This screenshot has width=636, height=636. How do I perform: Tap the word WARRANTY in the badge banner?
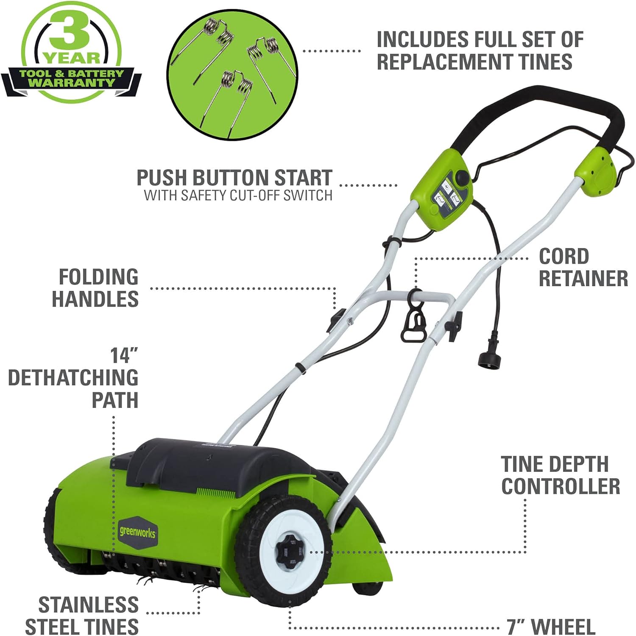coord(71,83)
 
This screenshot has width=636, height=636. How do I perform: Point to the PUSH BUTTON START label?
coord(234,178)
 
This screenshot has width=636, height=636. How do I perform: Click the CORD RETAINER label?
coord(583,268)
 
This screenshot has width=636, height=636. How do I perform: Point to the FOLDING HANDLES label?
coord(95,288)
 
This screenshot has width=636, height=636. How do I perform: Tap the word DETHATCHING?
coord(73,378)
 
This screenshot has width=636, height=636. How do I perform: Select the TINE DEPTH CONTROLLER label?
coord(560,475)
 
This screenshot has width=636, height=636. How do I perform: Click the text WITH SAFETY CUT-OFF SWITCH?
coord(238,195)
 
